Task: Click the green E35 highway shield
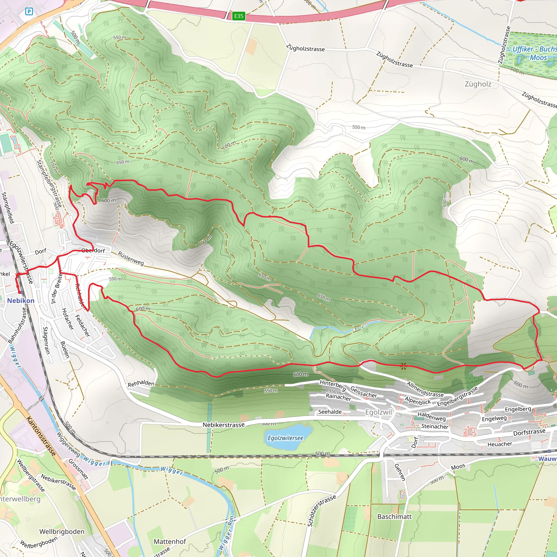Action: pyautogui.click(x=239, y=16)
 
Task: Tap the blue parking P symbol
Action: pyautogui.click(x=29, y=11)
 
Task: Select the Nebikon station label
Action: pyautogui.click(x=20, y=301)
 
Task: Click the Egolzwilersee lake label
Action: pyautogui.click(x=285, y=438)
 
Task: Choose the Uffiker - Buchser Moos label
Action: pyautogui.click(x=534, y=53)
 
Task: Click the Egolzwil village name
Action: pyautogui.click(x=378, y=412)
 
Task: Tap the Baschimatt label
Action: pyautogui.click(x=394, y=516)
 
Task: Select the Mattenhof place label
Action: pyautogui.click(x=169, y=541)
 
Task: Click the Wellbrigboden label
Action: pyautogui.click(x=62, y=531)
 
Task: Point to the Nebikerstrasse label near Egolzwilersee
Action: pyautogui.click(x=224, y=425)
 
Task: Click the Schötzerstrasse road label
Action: pyautogui.click(x=321, y=510)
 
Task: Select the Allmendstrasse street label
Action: pyautogui.click(x=425, y=389)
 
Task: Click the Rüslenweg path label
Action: pyautogui.click(x=131, y=258)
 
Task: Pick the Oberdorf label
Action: pyautogui.click(x=93, y=250)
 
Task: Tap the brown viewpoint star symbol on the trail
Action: pyautogui.click(x=403, y=366)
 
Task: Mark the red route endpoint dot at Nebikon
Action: pyautogui.click(x=20, y=292)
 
